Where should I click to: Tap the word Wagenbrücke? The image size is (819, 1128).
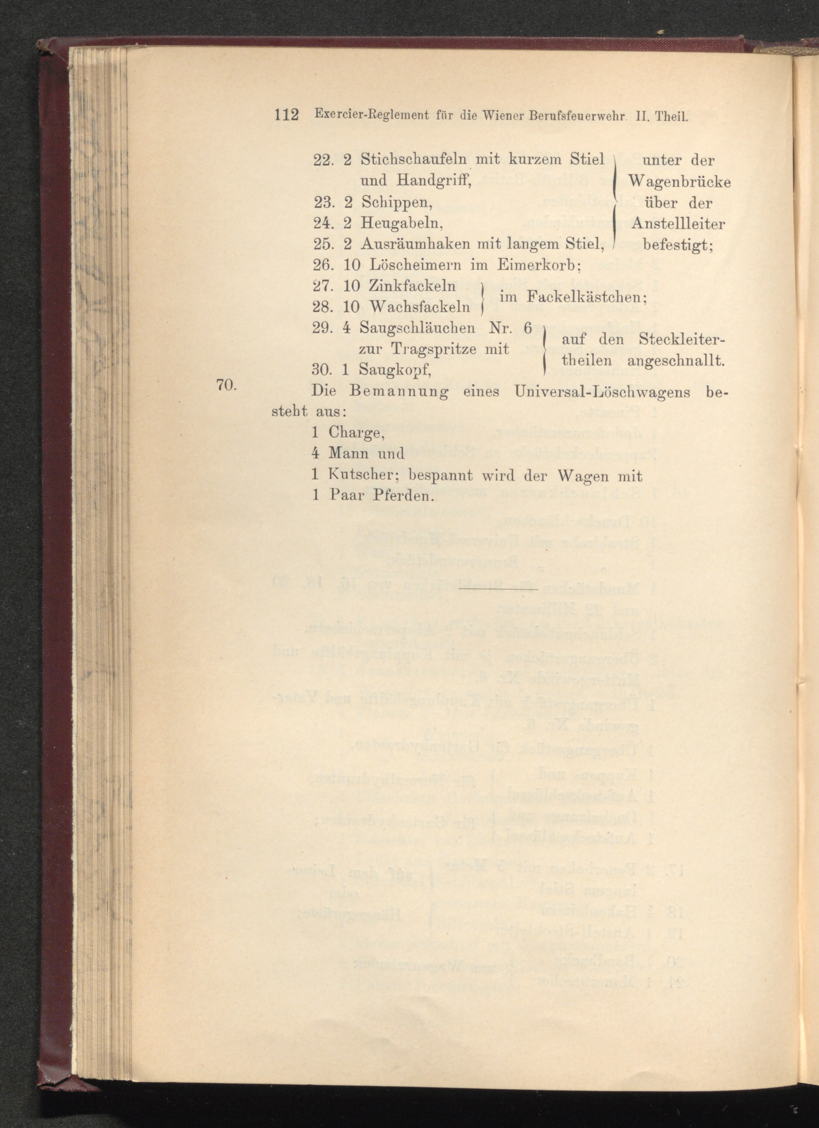tap(679, 182)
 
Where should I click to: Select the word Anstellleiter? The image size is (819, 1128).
tap(678, 224)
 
